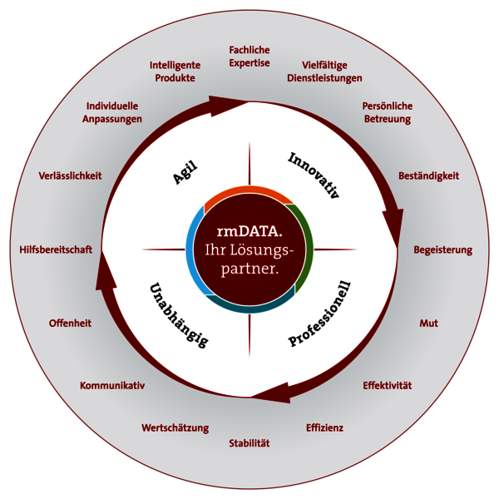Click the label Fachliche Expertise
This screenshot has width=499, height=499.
click(x=249, y=57)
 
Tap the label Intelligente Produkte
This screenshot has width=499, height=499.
click(x=175, y=72)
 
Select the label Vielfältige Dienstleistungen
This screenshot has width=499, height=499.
click(x=324, y=72)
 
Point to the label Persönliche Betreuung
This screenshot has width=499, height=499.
click(x=388, y=112)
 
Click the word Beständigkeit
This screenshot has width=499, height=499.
click(x=428, y=176)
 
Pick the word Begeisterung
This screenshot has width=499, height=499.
click(x=442, y=249)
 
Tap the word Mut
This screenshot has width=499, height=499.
click(x=428, y=324)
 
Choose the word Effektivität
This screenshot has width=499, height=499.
click(x=388, y=385)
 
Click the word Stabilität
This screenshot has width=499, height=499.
click(x=249, y=443)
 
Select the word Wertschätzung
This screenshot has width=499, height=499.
click(x=175, y=427)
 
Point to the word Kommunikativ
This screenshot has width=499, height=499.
click(x=112, y=385)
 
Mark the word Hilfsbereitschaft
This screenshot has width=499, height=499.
click(x=56, y=249)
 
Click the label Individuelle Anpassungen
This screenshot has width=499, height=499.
click(x=112, y=112)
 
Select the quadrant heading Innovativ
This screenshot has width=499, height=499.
click(x=314, y=175)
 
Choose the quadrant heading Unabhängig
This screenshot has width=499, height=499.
click(x=179, y=315)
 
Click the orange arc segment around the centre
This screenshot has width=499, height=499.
click(x=247, y=190)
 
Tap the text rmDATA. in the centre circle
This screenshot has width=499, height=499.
click(x=249, y=231)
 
